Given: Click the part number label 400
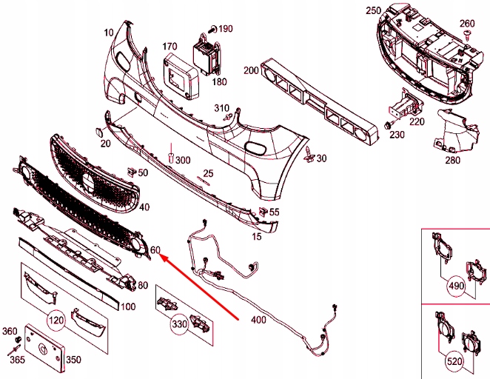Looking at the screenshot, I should (258, 320).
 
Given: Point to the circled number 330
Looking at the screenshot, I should (180, 323).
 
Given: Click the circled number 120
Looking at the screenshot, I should (55, 320).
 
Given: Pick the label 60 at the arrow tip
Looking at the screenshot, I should (155, 250).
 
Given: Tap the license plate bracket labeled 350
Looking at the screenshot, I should (44, 347).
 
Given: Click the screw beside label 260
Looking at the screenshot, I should (467, 36).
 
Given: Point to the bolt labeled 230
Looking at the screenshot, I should (389, 126).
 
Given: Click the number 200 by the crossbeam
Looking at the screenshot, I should (250, 70).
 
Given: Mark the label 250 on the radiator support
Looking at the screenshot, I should (373, 11).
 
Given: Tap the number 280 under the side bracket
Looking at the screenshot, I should (452, 158).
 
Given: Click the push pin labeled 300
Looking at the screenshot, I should (170, 158).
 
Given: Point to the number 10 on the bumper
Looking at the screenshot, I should (109, 32).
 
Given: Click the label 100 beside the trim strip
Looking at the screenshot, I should (127, 306).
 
